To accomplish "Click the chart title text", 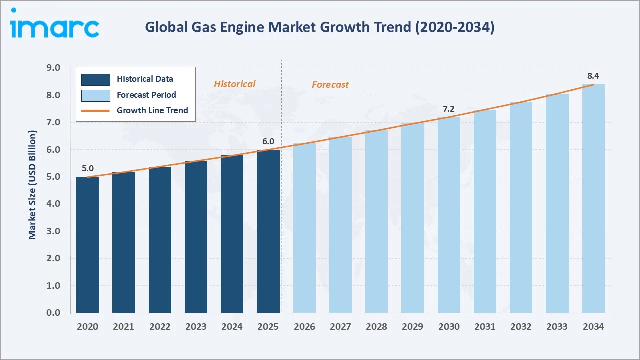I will click(x=319, y=27).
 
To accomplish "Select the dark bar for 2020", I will click(x=87, y=245).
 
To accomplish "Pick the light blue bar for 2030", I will click(x=449, y=215).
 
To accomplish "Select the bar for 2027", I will click(x=340, y=225).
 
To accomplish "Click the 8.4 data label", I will click(x=593, y=76).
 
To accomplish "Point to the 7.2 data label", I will click(x=449, y=109).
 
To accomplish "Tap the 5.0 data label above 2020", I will click(x=88, y=169).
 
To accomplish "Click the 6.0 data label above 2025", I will click(x=268, y=141).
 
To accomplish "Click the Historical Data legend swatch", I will click(x=95, y=79).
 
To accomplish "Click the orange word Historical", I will click(x=234, y=84).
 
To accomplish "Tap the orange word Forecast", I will click(x=330, y=85).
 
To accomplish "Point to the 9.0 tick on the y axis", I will click(x=53, y=68).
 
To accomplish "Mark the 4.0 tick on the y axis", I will click(x=53, y=204).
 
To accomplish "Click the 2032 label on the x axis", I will click(x=521, y=327).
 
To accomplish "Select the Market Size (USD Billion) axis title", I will click(x=33, y=185).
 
